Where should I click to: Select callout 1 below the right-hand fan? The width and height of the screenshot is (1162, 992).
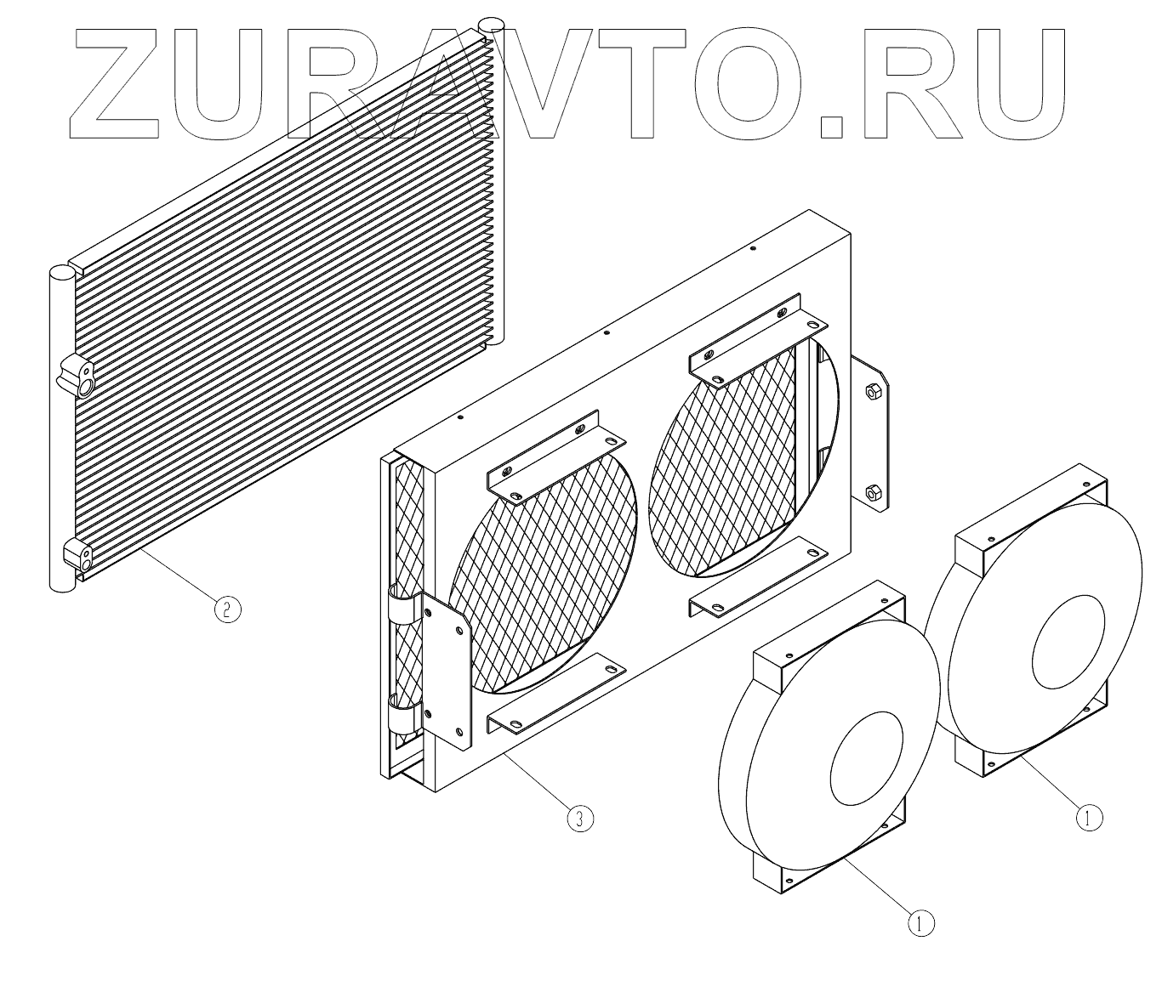(x=1089, y=818)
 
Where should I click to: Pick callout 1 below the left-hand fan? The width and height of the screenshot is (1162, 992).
(x=920, y=921)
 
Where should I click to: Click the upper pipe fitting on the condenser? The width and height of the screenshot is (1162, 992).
(x=78, y=375)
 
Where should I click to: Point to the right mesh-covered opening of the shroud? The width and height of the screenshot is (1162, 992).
(x=723, y=459)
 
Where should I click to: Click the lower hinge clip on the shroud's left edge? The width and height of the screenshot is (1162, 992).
(x=402, y=715)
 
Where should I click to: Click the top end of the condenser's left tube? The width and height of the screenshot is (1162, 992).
(x=60, y=275)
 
